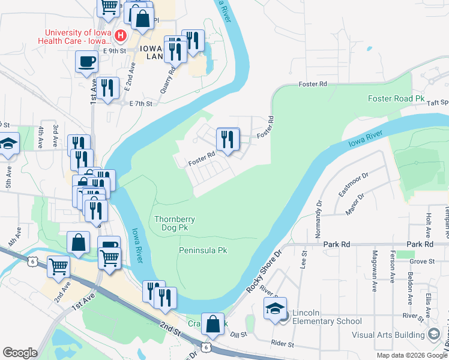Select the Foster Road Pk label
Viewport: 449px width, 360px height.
click(391, 98)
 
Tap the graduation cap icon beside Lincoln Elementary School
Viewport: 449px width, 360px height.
click(275, 310)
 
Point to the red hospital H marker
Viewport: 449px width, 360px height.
click(121, 36)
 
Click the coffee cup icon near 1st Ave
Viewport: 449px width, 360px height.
click(87, 62)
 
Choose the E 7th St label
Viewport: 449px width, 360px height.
click(143, 103)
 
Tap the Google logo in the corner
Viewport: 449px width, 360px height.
click(20, 353)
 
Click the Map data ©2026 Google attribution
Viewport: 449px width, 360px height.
click(411, 355)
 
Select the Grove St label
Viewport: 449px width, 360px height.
click(422, 261)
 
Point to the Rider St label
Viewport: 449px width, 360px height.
click(282, 344)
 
